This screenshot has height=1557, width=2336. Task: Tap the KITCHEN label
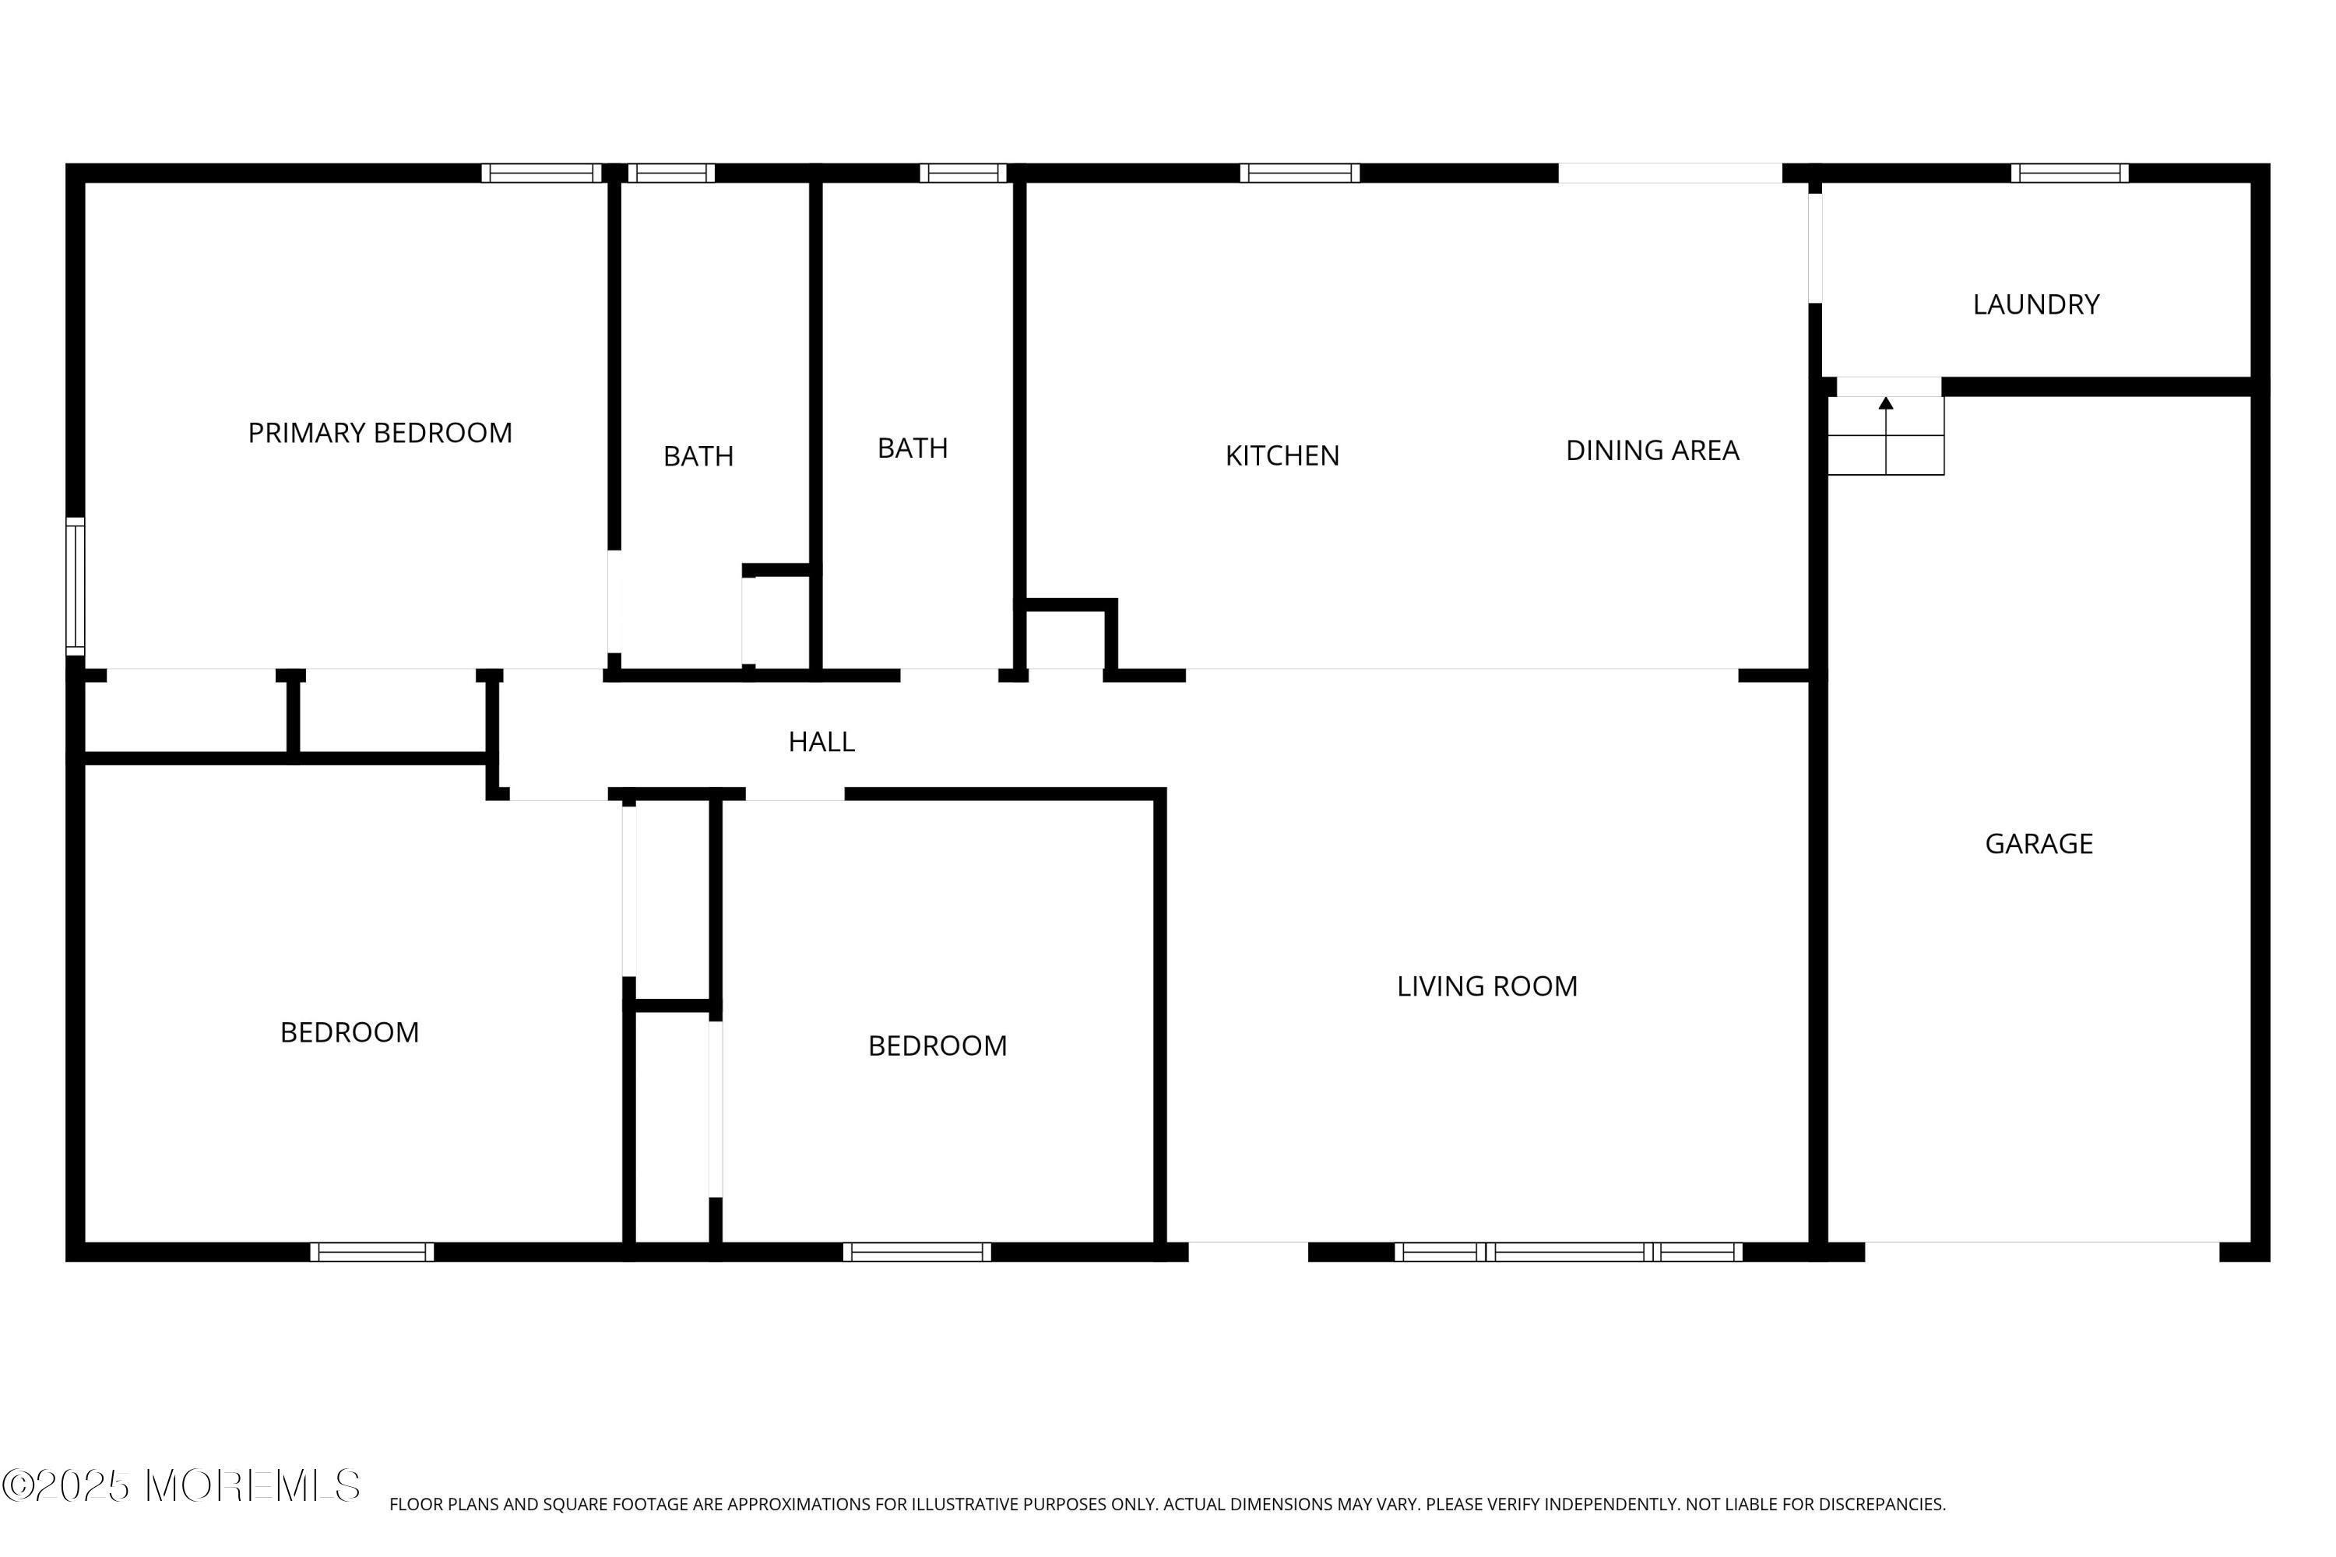pyautogui.click(x=1282, y=455)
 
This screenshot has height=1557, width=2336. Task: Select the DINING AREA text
pyautogui.click(x=1652, y=451)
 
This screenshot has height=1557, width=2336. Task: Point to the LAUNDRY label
pyautogui.click(x=2036, y=305)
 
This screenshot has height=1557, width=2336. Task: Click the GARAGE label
pyautogui.click(x=2039, y=844)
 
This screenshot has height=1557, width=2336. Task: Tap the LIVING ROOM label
pyautogui.click(x=1486, y=986)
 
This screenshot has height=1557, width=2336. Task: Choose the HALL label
pyautogui.click(x=821, y=742)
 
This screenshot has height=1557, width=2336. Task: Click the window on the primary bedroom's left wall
pyautogui.click(x=76, y=586)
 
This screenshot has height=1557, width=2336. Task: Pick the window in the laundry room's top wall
pyautogui.click(x=2070, y=173)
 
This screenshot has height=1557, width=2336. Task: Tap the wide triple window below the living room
pyautogui.click(x=1568, y=1252)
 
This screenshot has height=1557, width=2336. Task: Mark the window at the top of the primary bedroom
pyautogui.click(x=542, y=173)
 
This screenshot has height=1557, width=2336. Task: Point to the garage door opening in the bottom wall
pyautogui.click(x=2042, y=1252)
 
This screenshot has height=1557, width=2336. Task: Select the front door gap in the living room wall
pyautogui.click(x=1248, y=1252)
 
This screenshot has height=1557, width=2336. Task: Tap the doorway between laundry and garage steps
pyautogui.click(x=1889, y=386)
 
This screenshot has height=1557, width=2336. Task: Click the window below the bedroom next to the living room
pyautogui.click(x=916, y=1252)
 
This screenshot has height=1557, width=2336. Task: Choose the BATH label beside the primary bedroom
pyautogui.click(x=698, y=457)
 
